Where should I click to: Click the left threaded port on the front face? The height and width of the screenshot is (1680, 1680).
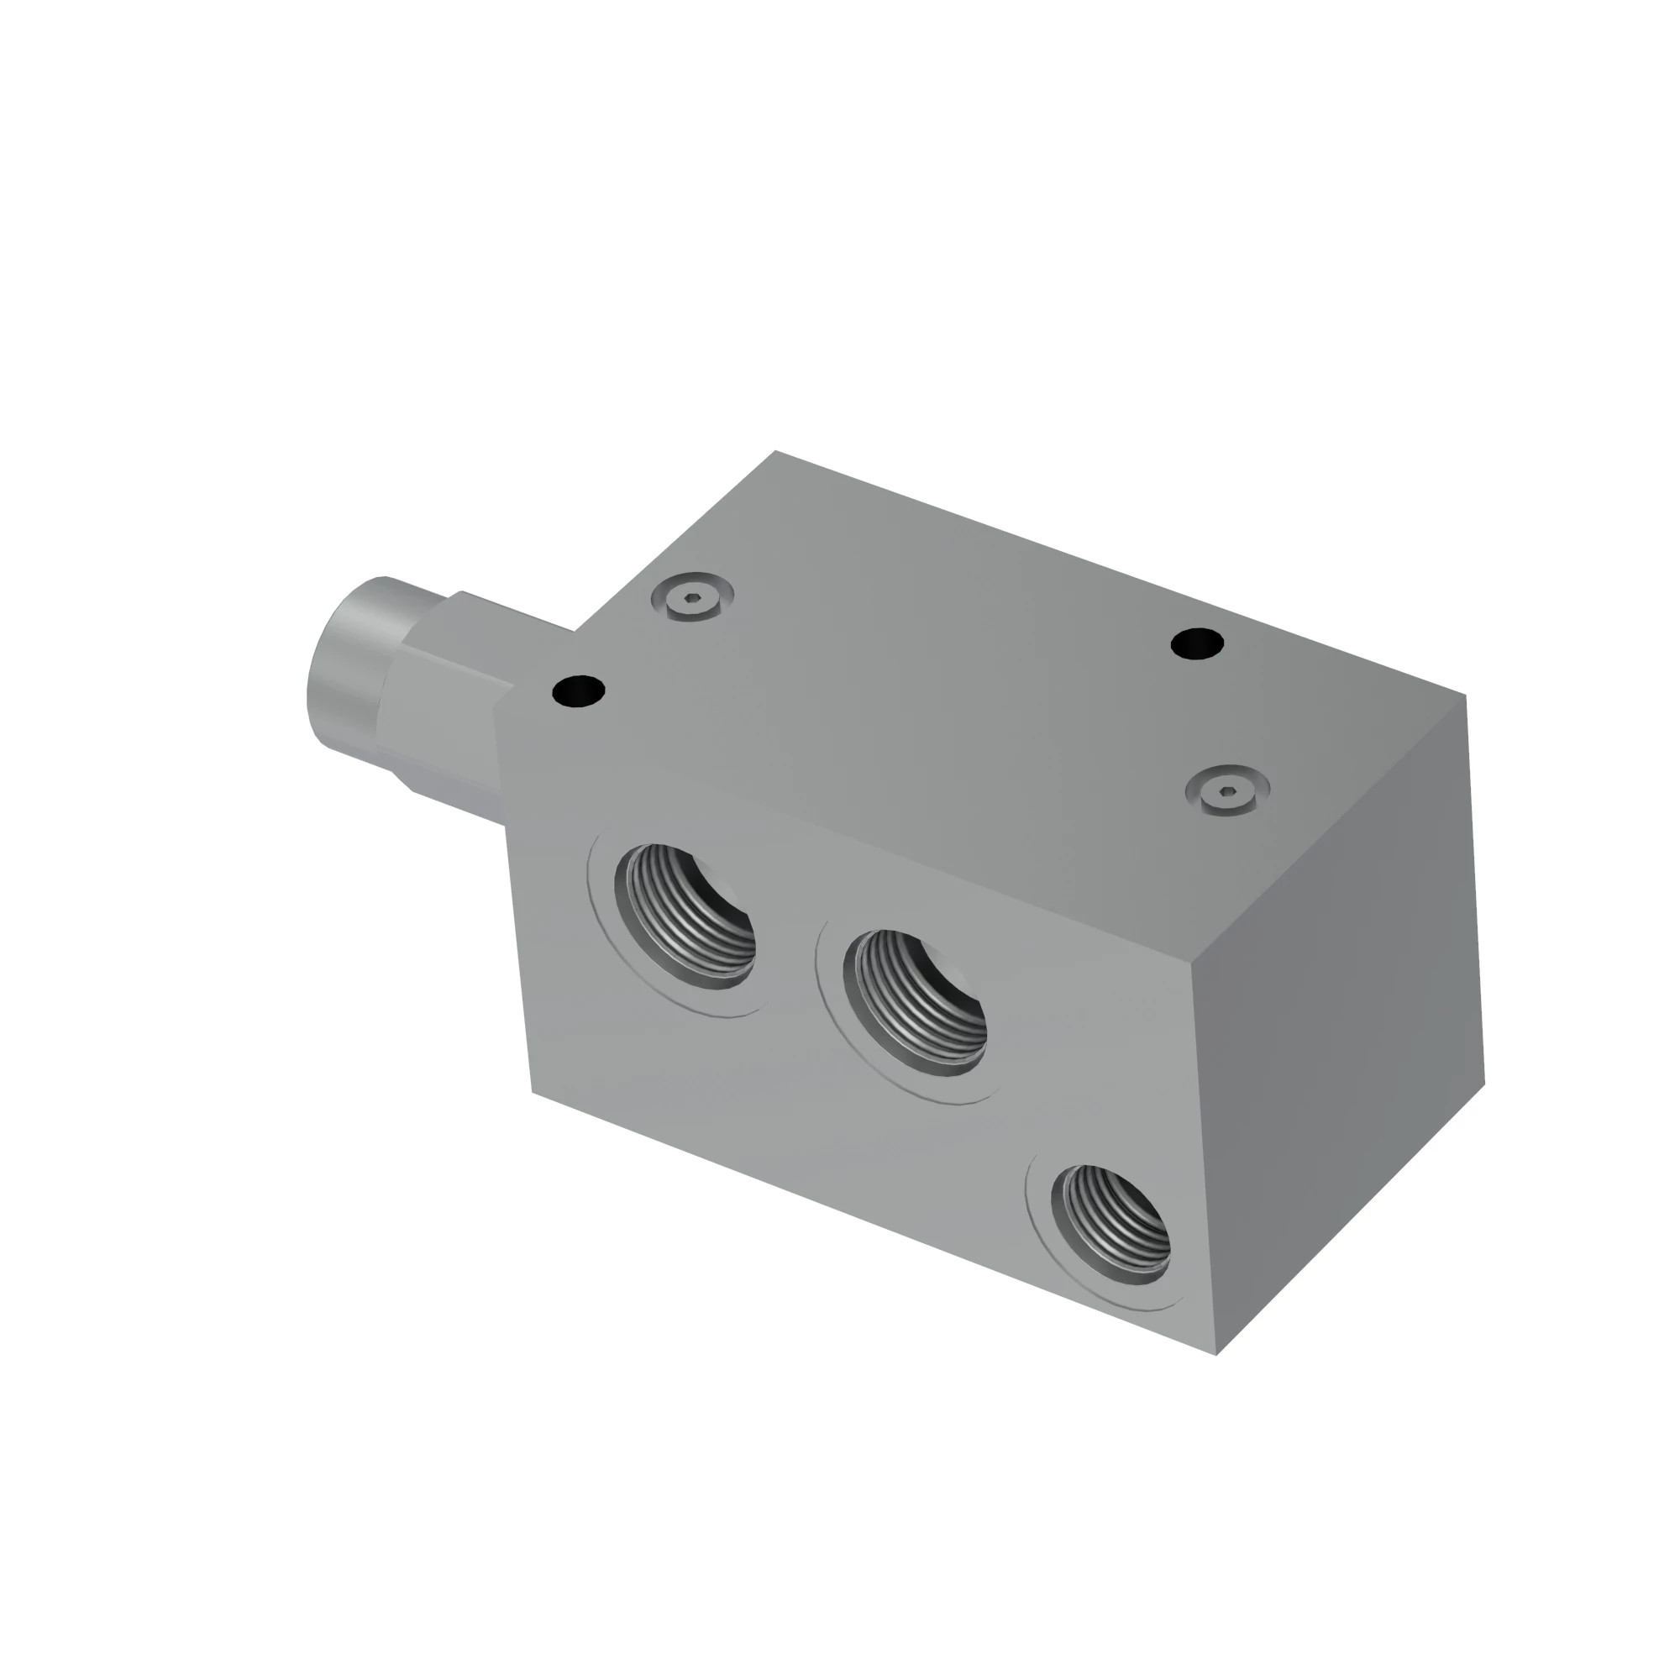685,915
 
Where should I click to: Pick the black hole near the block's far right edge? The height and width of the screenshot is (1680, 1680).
1197,644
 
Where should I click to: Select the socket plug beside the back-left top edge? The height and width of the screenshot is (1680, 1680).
692,596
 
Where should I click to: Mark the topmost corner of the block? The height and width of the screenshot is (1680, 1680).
774,451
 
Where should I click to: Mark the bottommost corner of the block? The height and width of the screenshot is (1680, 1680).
1216,1355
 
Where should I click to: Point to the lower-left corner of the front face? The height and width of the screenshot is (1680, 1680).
533,1092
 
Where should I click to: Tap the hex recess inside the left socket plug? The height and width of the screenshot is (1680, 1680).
692,596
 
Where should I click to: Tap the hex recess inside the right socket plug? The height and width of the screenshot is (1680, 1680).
1227,788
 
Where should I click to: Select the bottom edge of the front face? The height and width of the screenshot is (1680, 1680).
869,1221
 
